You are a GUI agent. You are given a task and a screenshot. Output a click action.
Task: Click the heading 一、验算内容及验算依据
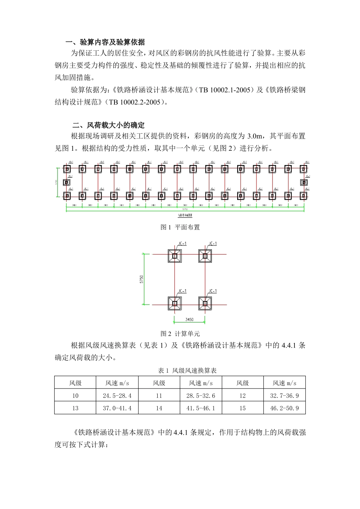(x=105, y=42)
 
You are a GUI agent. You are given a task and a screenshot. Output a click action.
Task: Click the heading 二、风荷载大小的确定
(x=108, y=125)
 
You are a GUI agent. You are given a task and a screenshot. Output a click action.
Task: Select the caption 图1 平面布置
(x=180, y=227)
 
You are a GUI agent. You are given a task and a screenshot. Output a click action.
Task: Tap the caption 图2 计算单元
(x=180, y=334)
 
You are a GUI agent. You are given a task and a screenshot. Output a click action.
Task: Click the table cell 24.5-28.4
(x=117, y=396)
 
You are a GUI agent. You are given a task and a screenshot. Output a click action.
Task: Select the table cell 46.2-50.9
(x=284, y=408)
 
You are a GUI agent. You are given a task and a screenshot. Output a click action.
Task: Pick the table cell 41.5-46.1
(x=200, y=408)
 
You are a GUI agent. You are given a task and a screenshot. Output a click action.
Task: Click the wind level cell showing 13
(x=75, y=408)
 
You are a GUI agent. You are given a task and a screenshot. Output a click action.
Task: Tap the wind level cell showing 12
(x=242, y=396)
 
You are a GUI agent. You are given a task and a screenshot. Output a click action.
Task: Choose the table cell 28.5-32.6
(x=200, y=396)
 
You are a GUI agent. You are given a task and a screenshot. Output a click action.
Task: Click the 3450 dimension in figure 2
(x=189, y=320)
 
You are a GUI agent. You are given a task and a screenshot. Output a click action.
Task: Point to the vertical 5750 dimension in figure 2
(x=142, y=279)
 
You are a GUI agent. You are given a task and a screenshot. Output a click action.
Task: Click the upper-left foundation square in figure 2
(x=175, y=256)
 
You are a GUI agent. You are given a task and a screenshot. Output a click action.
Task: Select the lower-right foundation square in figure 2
(x=205, y=303)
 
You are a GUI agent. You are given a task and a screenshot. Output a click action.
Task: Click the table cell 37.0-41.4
(x=117, y=408)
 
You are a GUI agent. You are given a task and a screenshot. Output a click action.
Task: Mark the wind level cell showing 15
(x=242, y=408)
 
